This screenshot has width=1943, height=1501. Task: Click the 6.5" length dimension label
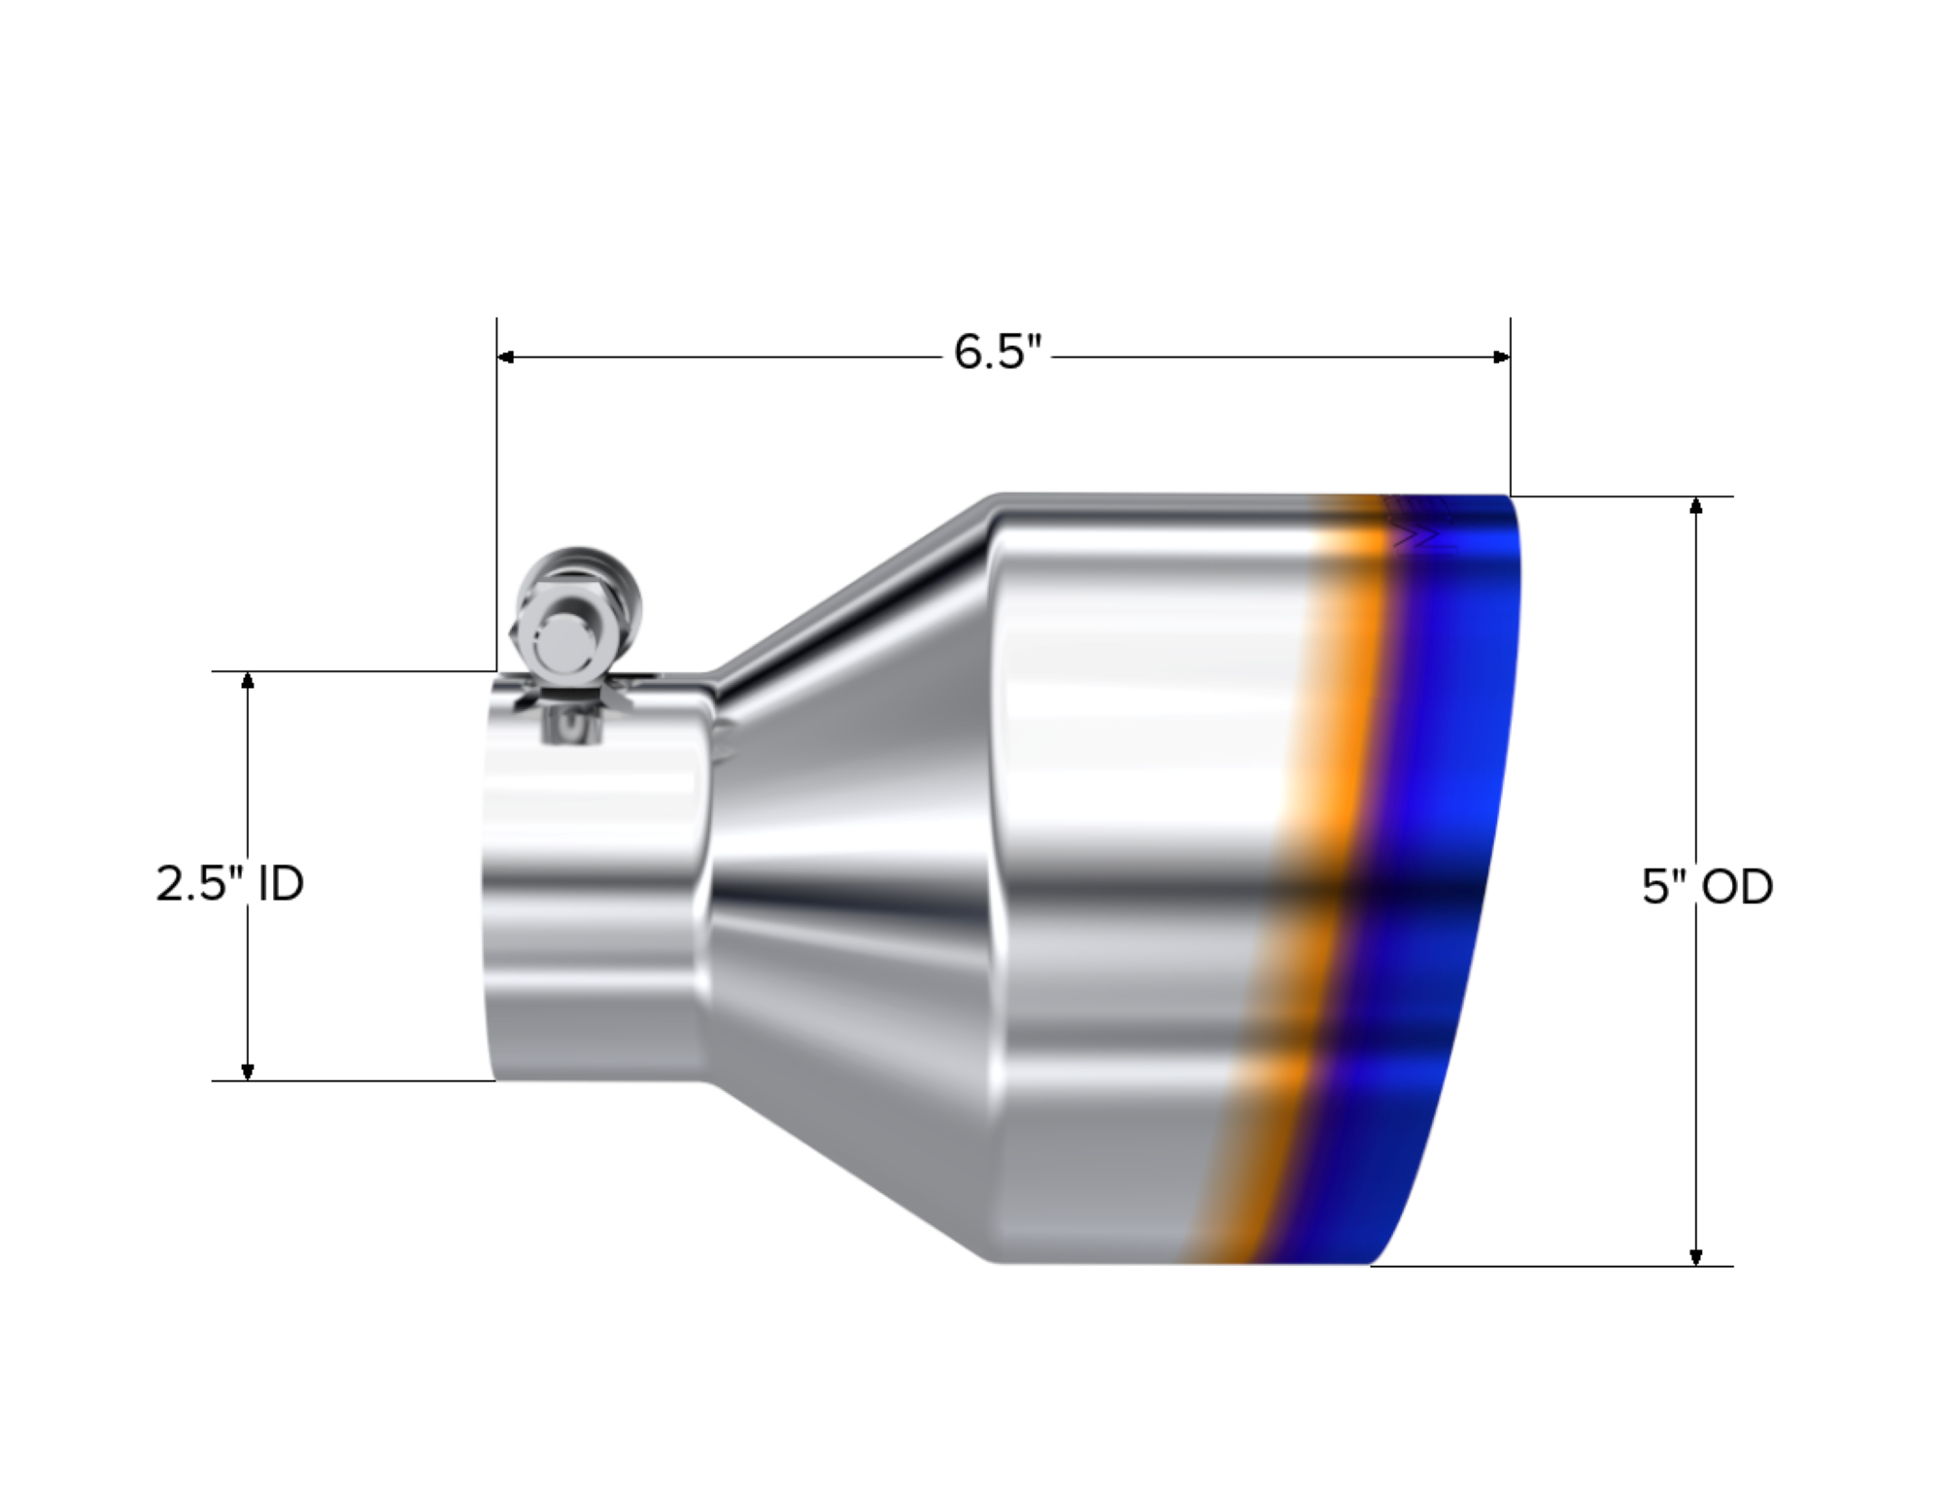[997, 352]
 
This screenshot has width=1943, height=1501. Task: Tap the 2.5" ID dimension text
[230, 884]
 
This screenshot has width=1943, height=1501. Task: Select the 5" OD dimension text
[1707, 886]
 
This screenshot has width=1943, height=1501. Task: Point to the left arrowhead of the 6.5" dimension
[505, 358]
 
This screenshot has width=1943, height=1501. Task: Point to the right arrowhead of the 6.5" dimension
[1502, 358]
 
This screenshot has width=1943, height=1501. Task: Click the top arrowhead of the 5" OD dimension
[1696, 505]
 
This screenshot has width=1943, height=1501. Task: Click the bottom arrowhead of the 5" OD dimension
[1696, 1256]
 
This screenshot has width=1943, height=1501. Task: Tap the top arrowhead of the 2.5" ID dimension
[248, 680]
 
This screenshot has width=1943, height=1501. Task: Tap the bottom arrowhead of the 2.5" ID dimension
[248, 1071]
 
